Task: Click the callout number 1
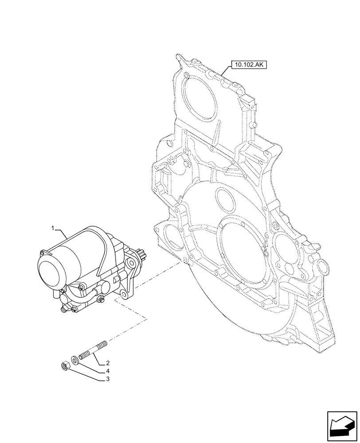[x=53, y=228]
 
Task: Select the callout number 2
[x=108, y=362]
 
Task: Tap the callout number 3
[x=108, y=380]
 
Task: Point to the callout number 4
[x=108, y=371]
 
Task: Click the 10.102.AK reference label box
[x=248, y=66]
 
